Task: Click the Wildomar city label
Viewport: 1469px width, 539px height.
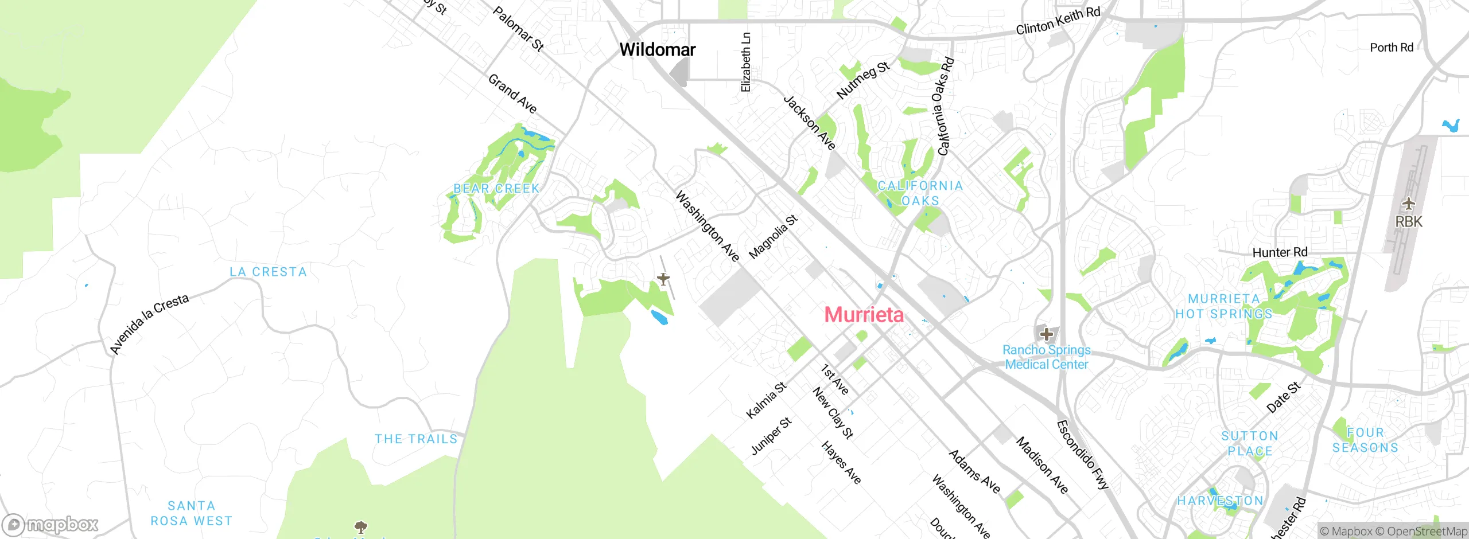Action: click(x=657, y=50)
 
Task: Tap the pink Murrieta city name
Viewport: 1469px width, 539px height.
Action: click(x=864, y=315)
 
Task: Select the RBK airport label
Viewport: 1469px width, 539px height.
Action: click(x=1409, y=222)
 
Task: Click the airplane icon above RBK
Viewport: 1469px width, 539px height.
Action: click(x=1409, y=204)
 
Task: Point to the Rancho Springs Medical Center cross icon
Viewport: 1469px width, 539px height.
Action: click(x=1046, y=334)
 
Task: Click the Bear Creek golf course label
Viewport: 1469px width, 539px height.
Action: click(x=496, y=188)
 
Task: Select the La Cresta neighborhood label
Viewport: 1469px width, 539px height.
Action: click(x=268, y=272)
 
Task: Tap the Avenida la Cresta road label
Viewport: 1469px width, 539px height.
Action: click(x=149, y=324)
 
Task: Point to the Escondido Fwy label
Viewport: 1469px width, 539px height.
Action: click(x=1082, y=455)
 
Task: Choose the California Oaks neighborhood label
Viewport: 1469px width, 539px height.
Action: click(x=920, y=193)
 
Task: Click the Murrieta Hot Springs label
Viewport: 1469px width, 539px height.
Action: click(x=1224, y=306)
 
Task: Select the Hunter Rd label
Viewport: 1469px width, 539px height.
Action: click(x=1280, y=252)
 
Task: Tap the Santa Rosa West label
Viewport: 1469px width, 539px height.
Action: click(x=192, y=513)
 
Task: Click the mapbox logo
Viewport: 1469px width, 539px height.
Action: click(x=50, y=524)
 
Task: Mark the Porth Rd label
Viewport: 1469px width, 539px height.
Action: click(x=1391, y=48)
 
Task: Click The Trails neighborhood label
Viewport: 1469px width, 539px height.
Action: click(x=416, y=439)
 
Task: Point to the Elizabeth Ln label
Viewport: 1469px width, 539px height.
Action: click(x=745, y=62)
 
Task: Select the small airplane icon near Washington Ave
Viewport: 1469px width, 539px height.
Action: click(x=663, y=279)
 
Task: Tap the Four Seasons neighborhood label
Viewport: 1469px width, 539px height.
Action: click(x=1365, y=440)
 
